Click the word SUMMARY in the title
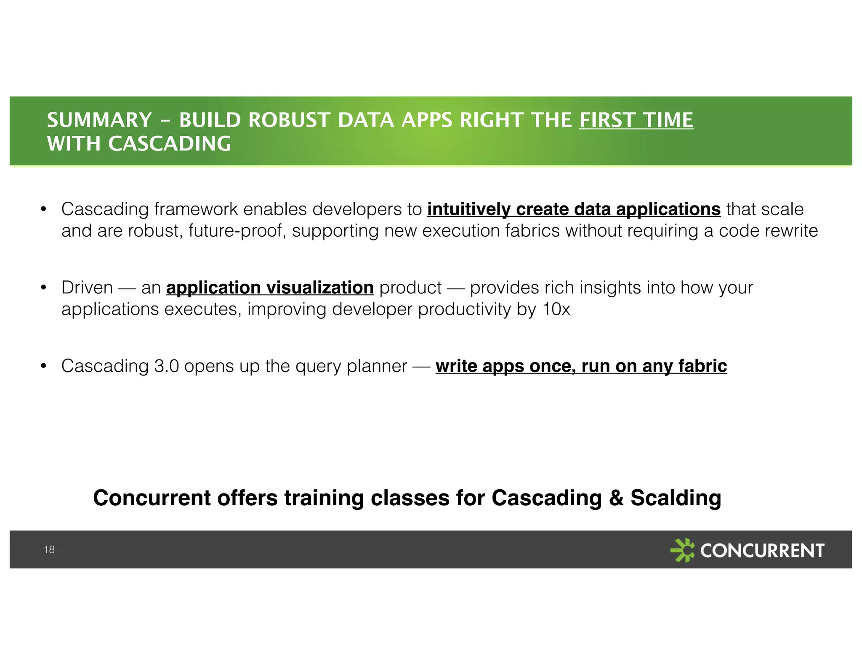pyautogui.click(x=99, y=120)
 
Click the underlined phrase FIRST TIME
pyautogui.click(x=636, y=120)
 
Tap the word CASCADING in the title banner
pyautogui.click(x=170, y=144)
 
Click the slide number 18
pyautogui.click(x=49, y=549)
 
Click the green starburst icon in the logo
pyautogui.click(x=682, y=550)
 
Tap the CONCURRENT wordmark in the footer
pyautogui.click(x=762, y=550)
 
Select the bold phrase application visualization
pyautogui.click(x=270, y=288)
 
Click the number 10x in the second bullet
pyautogui.click(x=556, y=309)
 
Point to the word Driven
pyautogui.click(x=87, y=288)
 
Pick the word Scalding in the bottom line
pyautogui.click(x=676, y=498)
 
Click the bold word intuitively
pyautogui.click(x=469, y=209)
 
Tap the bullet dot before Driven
pyautogui.click(x=43, y=288)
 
